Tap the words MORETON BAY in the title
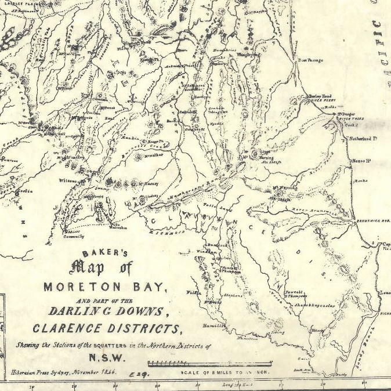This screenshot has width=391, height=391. click(x=105, y=287)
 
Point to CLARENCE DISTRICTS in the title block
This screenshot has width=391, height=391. click(x=107, y=329)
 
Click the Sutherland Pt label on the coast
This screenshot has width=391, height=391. click(x=363, y=139)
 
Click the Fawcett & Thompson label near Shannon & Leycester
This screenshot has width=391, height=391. click(x=295, y=294)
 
